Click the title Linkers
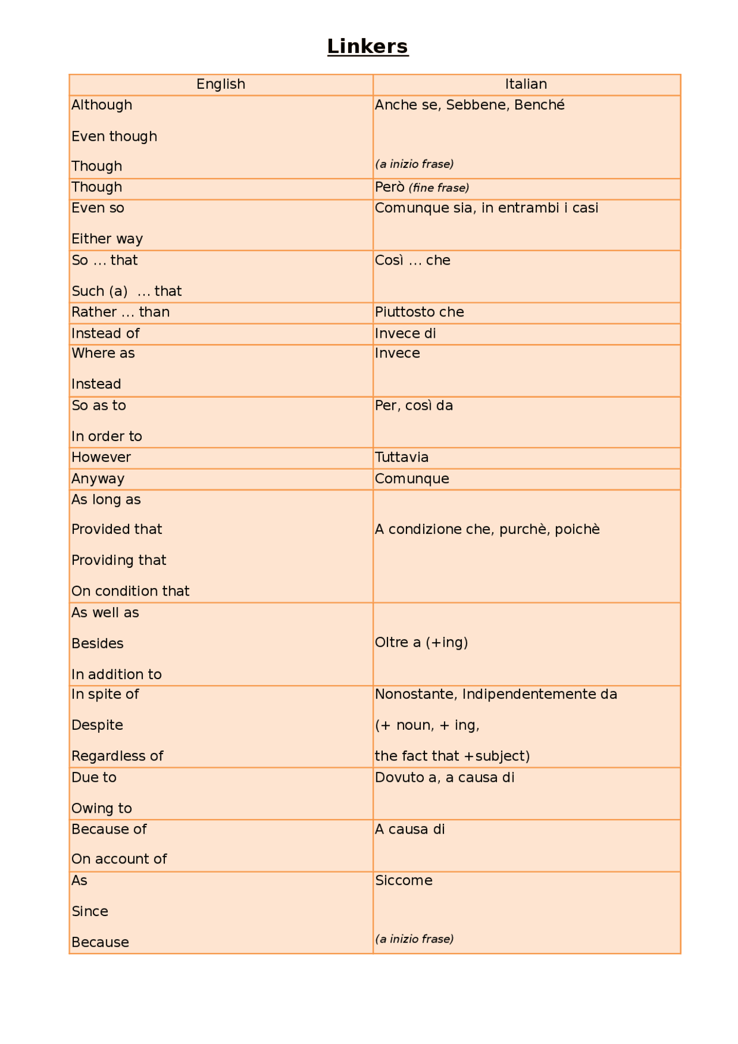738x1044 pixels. (368, 46)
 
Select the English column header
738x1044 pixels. (221, 84)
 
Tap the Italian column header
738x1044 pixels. (526, 84)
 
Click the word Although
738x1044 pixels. (101, 105)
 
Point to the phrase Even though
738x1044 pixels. (114, 137)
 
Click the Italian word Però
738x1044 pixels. (390, 187)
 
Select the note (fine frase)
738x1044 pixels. (439, 188)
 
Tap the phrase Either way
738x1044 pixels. (107, 239)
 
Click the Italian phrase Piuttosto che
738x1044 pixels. (419, 312)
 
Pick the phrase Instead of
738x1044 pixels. (106, 333)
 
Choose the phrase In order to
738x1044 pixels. (107, 436)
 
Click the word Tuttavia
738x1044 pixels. (402, 457)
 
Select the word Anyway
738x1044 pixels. (98, 478)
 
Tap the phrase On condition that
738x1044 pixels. (130, 591)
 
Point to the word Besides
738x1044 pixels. (97, 643)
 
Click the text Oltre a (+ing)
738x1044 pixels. (421, 642)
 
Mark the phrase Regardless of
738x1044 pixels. (117, 756)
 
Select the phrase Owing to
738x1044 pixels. (101, 808)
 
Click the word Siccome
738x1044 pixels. (404, 880)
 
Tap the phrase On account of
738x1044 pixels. (119, 859)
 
